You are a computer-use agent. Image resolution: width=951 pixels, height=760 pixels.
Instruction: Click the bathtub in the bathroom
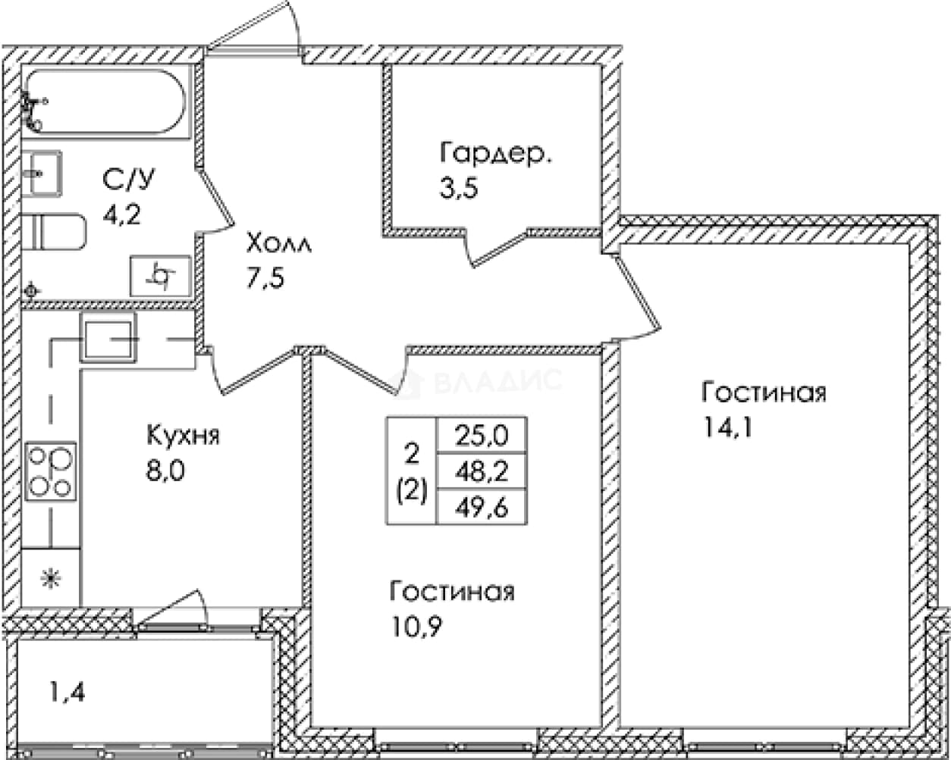pos(105,102)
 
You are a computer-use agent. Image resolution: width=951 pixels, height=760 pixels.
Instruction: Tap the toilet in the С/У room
pos(53,232)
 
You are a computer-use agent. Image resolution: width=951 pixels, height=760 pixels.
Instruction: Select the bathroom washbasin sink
pos(42,173)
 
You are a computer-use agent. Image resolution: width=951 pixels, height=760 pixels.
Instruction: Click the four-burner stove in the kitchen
pos(50,471)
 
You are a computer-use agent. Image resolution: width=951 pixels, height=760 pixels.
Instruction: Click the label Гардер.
pos(495,154)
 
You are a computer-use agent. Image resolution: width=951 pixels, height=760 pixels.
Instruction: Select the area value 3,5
pos(459,189)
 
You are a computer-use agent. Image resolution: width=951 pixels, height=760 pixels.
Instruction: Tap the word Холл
pos(279,243)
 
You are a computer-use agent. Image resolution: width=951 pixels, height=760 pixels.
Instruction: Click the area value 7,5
pos(265,278)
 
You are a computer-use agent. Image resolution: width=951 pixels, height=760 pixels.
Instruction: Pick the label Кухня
pos(183,436)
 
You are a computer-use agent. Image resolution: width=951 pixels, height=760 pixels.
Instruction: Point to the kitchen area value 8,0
pos(165,471)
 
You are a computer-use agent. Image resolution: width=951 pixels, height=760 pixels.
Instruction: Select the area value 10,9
pos(416,626)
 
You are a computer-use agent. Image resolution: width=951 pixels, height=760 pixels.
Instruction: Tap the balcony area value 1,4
pos(67,693)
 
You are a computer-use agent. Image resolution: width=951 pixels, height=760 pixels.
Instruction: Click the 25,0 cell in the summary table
pos(482,436)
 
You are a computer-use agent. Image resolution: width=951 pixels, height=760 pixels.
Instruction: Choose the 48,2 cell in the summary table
pos(482,471)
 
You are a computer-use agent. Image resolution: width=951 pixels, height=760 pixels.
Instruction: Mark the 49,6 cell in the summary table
pos(482,507)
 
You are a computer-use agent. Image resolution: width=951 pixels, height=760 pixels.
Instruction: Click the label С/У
pos(129,180)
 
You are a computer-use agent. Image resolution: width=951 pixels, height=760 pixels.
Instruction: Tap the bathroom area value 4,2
pos(121,215)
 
